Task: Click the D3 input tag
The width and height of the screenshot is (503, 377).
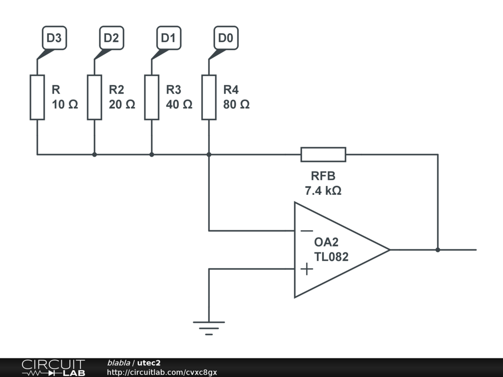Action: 54,38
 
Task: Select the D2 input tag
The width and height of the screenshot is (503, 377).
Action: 112,38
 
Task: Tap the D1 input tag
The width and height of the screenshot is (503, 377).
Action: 169,38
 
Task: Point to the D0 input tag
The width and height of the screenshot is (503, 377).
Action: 226,38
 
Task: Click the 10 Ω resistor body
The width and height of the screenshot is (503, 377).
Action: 37,98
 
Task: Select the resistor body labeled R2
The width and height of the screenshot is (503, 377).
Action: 94,98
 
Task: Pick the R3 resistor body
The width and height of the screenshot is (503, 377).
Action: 152,98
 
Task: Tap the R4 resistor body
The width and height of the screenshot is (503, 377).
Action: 209,98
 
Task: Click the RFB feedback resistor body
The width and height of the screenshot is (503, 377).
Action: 323,155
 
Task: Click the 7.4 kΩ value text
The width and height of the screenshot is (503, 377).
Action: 323,191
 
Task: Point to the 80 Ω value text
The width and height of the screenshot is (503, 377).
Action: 236,105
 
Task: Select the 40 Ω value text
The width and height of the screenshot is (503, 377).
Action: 179,105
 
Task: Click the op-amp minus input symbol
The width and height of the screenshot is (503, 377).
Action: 307,231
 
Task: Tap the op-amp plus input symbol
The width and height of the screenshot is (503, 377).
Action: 307,269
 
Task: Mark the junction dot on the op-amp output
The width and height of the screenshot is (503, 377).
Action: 438,250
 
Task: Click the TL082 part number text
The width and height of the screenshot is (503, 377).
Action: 331,257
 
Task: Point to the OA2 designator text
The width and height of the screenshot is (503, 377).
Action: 326,242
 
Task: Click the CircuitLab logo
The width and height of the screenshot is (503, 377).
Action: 53,367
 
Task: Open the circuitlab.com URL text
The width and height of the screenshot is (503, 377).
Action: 162,372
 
